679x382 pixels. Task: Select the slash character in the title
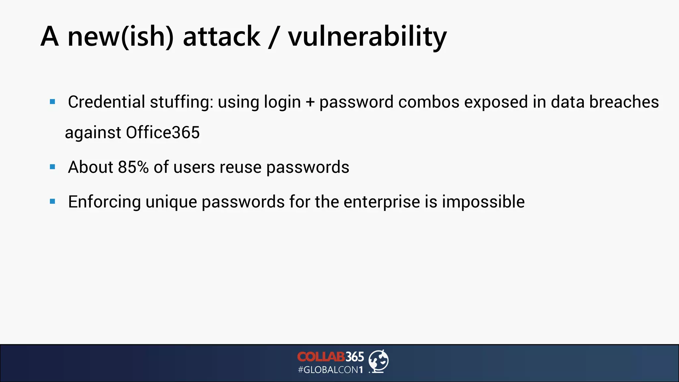pos(274,37)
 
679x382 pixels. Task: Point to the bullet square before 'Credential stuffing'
pos(52,102)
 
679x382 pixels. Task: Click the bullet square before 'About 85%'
pos(52,167)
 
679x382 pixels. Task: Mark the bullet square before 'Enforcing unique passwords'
pos(52,201)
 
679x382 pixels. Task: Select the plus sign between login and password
pos(310,102)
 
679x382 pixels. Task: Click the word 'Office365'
pos(162,133)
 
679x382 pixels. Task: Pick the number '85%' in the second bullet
pos(133,167)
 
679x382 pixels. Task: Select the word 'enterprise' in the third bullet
pos(382,202)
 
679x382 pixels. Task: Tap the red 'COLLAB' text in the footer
pos(321,357)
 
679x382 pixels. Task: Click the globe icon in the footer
pos(379,361)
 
